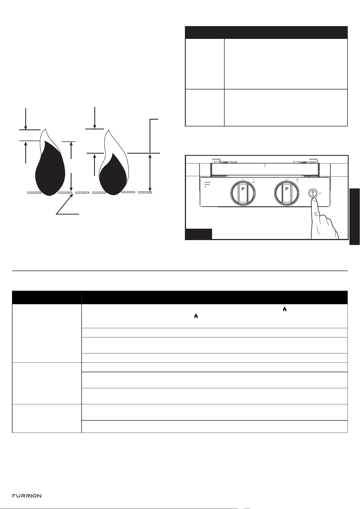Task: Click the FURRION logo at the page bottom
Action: (x=26, y=496)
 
